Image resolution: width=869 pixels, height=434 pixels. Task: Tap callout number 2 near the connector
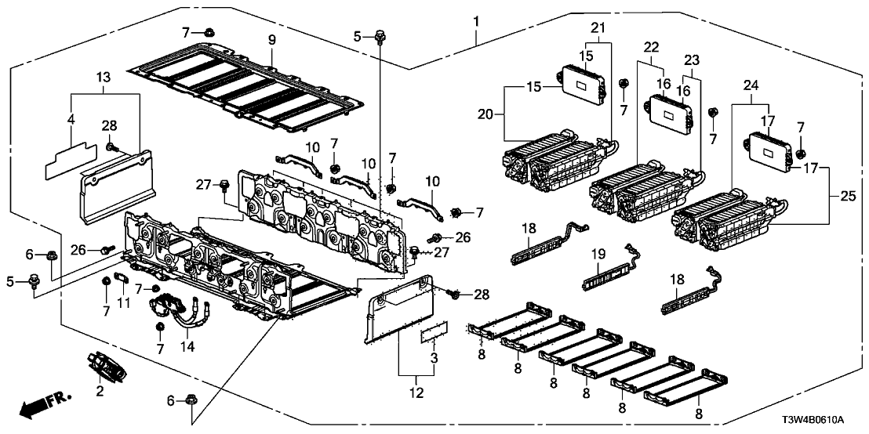tap(100, 391)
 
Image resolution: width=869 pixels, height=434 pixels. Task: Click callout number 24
tap(752, 85)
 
